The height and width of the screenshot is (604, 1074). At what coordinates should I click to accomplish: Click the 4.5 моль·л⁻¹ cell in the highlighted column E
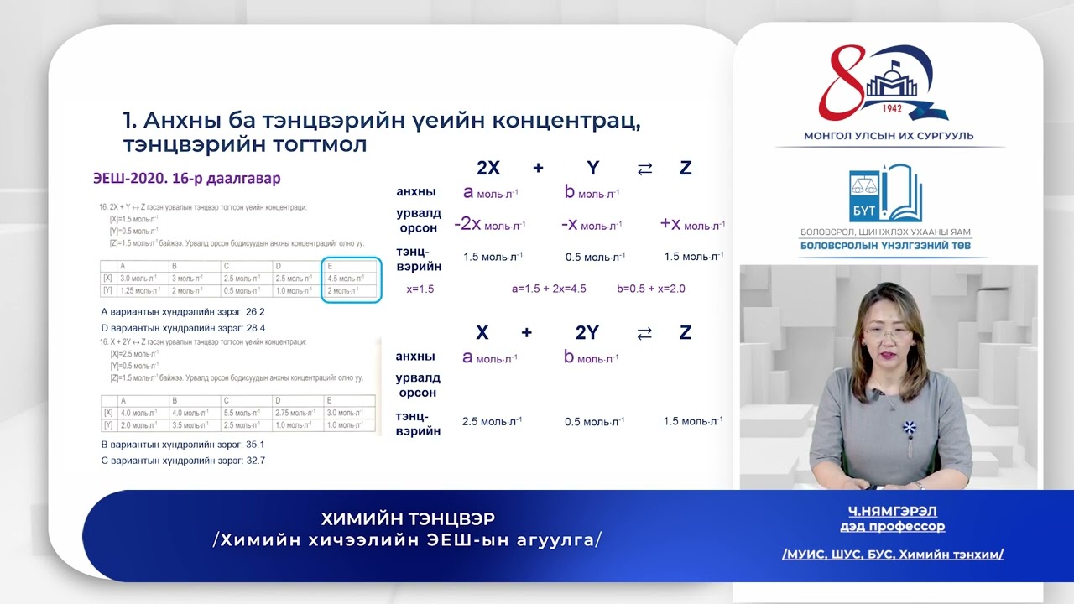[x=349, y=279]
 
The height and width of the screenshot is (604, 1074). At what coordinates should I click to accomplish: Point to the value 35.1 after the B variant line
[x=254, y=445]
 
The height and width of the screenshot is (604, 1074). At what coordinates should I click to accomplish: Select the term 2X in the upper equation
[x=487, y=168]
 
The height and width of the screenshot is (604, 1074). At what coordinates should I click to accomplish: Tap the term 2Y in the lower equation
[x=587, y=332]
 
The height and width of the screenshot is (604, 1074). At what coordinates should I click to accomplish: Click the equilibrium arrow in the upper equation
[x=644, y=169]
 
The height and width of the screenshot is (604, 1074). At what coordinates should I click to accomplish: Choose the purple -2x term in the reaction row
[x=467, y=224]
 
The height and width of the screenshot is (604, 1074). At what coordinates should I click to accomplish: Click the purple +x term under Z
[x=670, y=224]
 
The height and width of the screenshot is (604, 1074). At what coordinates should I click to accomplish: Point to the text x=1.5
[x=420, y=289]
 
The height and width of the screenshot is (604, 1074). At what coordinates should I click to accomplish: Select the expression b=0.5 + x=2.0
[x=650, y=289]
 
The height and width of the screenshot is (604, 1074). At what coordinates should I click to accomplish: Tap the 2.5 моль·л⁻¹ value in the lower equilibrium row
[x=492, y=421]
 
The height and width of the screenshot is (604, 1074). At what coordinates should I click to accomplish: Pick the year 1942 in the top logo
[x=893, y=109]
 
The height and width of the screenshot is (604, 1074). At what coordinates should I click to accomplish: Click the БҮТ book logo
[x=884, y=194]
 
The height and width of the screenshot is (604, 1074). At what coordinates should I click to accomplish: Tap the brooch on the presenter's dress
[x=909, y=427]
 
